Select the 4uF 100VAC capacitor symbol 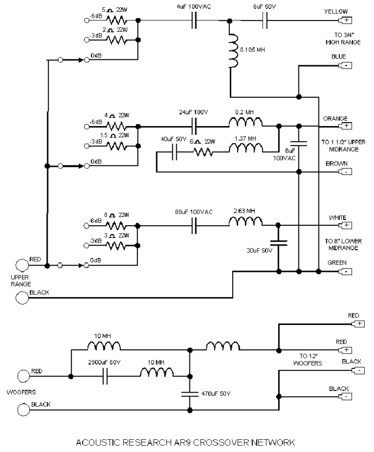point(194,20)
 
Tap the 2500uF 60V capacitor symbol point(105,376)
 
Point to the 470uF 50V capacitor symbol point(189,394)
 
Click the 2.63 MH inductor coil point(245,225)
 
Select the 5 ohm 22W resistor point(116,20)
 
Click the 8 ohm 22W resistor point(116,225)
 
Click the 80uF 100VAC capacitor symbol point(194,225)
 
